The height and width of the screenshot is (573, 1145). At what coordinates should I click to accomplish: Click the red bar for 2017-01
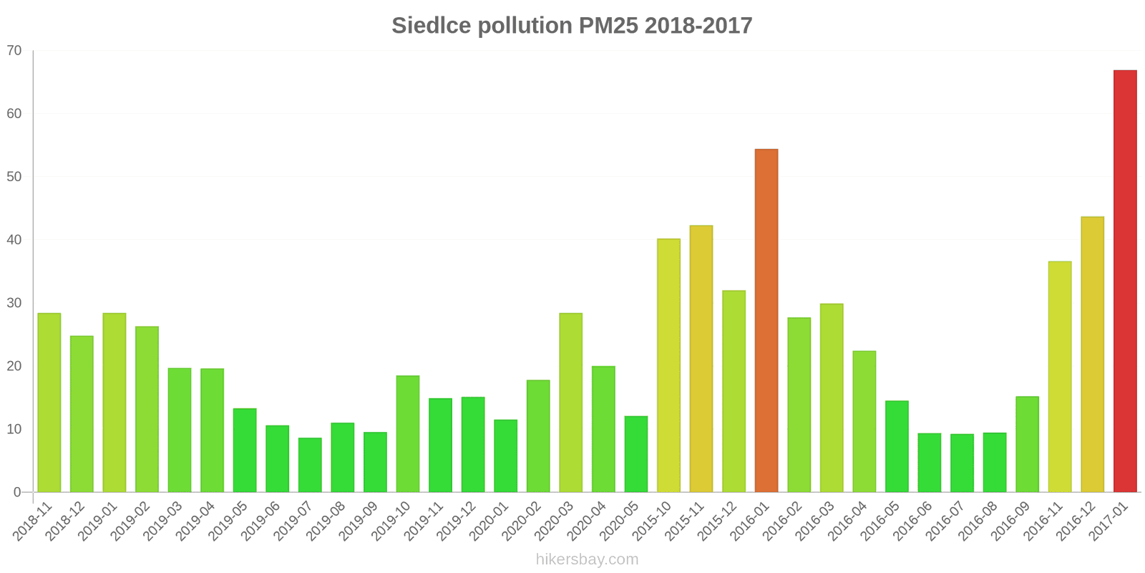tap(1125, 281)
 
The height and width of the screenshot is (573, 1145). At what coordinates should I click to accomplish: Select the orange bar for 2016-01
tap(766, 320)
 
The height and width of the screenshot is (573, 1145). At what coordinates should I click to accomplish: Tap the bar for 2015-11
tap(701, 359)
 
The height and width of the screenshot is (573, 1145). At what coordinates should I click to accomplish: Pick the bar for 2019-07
tap(310, 465)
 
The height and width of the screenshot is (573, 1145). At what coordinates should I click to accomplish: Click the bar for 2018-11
tap(49, 403)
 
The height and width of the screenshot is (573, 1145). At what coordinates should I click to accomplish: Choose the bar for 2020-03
tap(571, 403)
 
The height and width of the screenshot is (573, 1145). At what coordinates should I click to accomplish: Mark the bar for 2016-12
tap(1092, 355)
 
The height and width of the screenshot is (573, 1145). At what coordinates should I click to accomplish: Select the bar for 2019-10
tap(408, 433)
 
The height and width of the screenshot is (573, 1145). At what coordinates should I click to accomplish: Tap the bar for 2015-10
tap(668, 365)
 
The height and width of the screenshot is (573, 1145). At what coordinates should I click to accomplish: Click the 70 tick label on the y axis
tap(14, 51)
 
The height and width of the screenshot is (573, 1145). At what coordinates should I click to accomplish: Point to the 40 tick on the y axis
tap(14, 240)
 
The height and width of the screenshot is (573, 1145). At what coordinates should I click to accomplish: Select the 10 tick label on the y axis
tap(14, 429)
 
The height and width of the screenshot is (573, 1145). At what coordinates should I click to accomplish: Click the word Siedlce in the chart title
tap(432, 26)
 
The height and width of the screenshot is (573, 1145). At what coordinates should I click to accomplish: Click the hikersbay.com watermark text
tap(587, 559)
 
